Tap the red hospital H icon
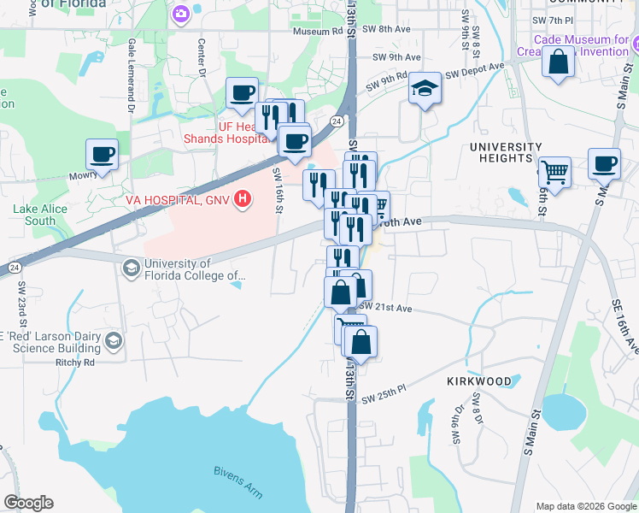(x=243, y=200)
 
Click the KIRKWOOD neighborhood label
(x=479, y=380)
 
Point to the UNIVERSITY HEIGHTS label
(x=506, y=152)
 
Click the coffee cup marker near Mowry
(x=102, y=155)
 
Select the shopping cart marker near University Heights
(x=554, y=172)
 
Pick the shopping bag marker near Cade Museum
(x=558, y=62)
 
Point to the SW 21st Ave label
(x=385, y=307)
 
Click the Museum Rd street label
(x=317, y=32)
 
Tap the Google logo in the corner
(x=28, y=503)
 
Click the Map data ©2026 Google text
(x=585, y=506)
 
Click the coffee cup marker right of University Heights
(x=604, y=163)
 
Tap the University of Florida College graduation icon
(x=130, y=269)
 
